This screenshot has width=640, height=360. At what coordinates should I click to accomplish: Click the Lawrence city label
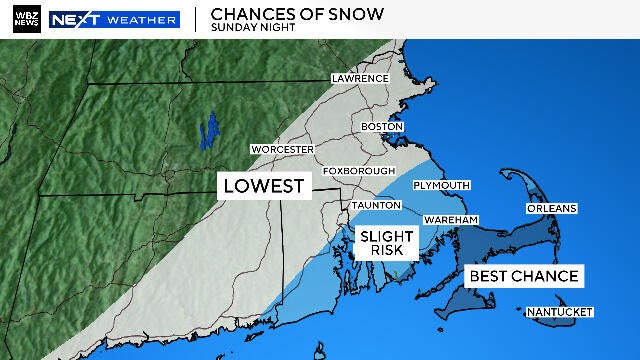[360, 78]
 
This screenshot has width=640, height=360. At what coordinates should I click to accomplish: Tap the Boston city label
[382, 127]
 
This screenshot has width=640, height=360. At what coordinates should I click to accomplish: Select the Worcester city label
[276, 149]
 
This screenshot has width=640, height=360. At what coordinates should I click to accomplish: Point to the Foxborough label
[356, 170]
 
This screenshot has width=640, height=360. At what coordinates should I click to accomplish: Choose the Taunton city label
[375, 205]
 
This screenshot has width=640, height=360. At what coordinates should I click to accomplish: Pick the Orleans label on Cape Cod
[551, 208]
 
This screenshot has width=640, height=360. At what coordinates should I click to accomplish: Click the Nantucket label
[560, 312]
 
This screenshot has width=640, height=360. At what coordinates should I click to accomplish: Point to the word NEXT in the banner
[74, 19]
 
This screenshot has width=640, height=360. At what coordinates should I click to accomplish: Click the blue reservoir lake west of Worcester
[209, 129]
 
